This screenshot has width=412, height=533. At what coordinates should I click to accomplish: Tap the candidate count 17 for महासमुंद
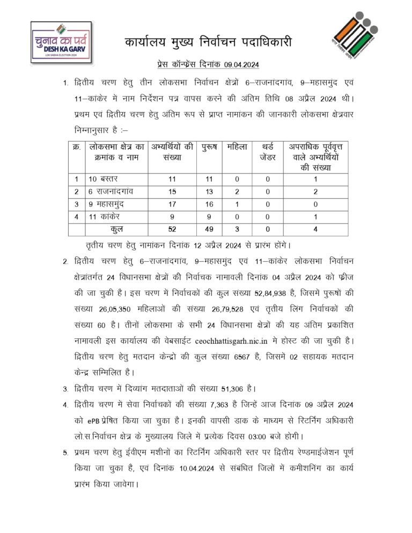click(x=172, y=204)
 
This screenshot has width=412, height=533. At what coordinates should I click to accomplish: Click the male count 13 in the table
click(x=209, y=191)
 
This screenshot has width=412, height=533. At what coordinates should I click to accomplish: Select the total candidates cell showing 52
click(x=172, y=230)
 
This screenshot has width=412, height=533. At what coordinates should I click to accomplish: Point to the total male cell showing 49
click(x=209, y=230)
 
